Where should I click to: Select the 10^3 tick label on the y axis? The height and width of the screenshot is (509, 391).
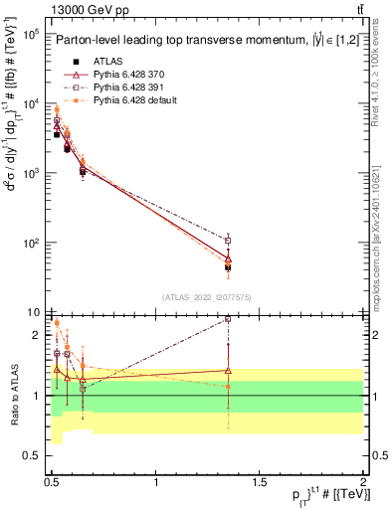(x=30, y=173)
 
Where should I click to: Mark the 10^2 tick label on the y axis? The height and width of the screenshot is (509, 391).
(x=30, y=243)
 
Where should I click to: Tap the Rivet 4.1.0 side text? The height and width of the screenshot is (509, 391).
(x=382, y=70)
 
